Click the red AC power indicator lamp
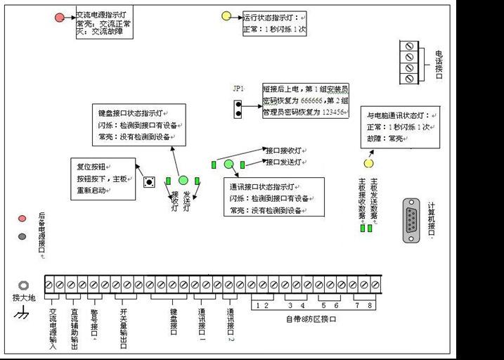pyautogui.click(x=60, y=17)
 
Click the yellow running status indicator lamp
pyautogui.click(x=226, y=16)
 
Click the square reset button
pyautogui.click(x=149, y=181)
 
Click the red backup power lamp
pyautogui.click(x=23, y=220)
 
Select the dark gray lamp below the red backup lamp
pyautogui.click(x=23, y=236)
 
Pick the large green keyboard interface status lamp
pyautogui.click(x=183, y=181)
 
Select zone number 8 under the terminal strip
pyautogui.click(x=370, y=305)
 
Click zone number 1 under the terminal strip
pyautogui.click(x=258, y=305)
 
